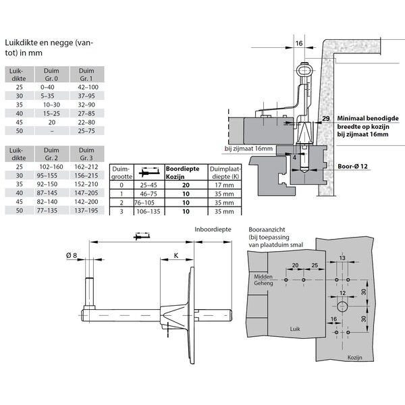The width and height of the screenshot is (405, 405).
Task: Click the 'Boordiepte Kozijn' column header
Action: (x=182, y=172)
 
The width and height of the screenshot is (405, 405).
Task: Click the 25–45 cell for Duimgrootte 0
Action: (x=142, y=184)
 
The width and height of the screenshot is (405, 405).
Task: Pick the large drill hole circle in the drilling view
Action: (x=342, y=306)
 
